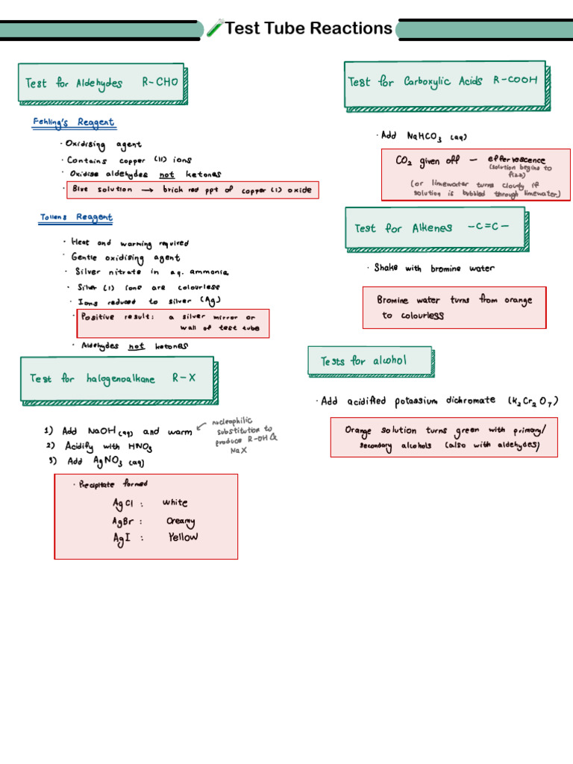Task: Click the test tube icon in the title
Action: click(215, 29)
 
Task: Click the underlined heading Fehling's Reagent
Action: click(73, 122)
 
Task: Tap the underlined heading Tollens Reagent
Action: click(76, 218)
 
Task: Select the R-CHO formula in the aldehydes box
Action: click(160, 83)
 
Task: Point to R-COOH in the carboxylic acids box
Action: click(515, 81)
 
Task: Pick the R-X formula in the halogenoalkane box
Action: click(184, 378)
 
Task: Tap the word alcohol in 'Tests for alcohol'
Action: click(389, 361)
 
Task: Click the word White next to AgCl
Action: click(175, 503)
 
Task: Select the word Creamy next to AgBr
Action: click(181, 521)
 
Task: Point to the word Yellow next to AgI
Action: click(183, 537)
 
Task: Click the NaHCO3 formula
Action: click(424, 137)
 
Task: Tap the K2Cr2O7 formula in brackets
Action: click(533, 401)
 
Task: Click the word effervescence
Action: click(516, 160)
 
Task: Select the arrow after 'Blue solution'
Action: click(147, 190)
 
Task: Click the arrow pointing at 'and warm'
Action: click(201, 428)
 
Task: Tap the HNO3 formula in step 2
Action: click(140, 446)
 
